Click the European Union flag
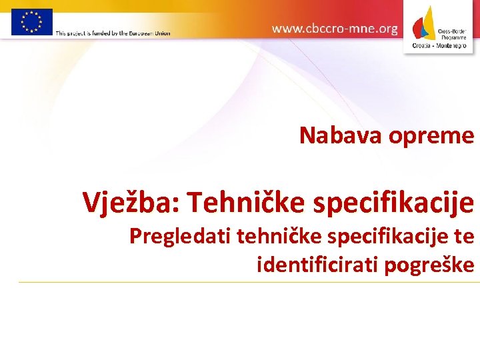point(31,21)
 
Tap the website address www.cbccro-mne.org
point(335,29)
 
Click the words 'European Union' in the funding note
point(150,33)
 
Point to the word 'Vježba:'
point(131,202)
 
